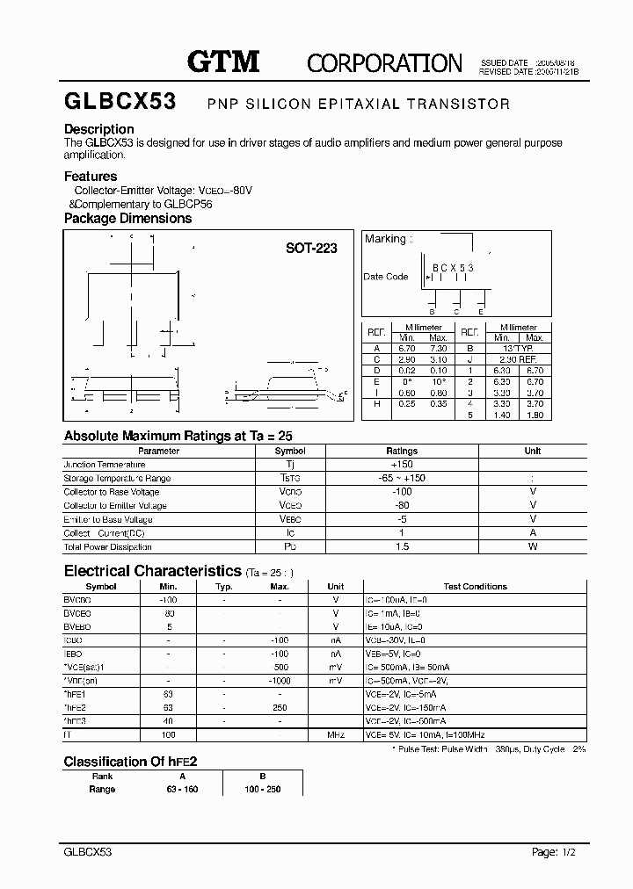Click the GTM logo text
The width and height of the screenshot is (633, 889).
(x=223, y=61)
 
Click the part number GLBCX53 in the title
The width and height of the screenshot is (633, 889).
(x=120, y=103)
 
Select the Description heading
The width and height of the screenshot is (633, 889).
(x=98, y=129)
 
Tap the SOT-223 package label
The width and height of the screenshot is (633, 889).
(x=311, y=249)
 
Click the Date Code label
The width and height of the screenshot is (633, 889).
(x=386, y=277)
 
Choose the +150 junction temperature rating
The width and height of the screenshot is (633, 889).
(x=402, y=465)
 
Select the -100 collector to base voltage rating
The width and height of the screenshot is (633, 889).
(x=402, y=492)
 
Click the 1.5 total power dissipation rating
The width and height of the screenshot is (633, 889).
(x=402, y=546)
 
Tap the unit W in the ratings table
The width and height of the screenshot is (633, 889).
(x=533, y=546)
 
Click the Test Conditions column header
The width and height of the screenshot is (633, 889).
(x=475, y=586)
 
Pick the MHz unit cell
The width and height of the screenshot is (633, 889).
(x=335, y=734)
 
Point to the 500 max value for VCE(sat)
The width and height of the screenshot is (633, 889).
(x=280, y=668)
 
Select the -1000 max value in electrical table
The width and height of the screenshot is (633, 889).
(x=280, y=681)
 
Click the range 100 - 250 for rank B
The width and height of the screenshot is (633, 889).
(x=262, y=789)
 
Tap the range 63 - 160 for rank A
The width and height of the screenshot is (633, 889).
(x=183, y=789)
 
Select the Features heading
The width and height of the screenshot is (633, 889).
(x=91, y=177)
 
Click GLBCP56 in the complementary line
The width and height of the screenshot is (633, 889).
(x=187, y=204)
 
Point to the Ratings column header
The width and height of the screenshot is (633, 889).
(x=402, y=451)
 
